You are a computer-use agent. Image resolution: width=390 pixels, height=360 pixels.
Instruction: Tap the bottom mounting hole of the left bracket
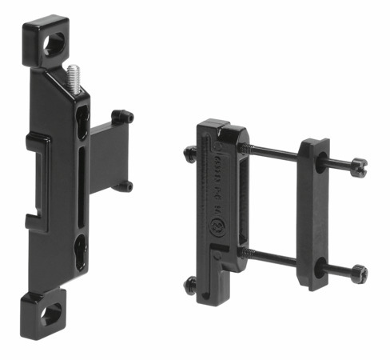[50, 314]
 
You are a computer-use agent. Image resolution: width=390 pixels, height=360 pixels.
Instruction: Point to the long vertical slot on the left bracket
[83, 186]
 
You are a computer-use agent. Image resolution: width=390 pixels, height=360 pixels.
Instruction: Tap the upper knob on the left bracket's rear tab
[123, 117]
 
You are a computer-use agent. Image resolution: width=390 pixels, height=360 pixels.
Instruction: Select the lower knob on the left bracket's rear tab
[123, 186]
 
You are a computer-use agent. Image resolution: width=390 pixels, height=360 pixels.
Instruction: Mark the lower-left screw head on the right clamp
[191, 283]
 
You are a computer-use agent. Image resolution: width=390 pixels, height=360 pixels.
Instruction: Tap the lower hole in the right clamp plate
[319, 270]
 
